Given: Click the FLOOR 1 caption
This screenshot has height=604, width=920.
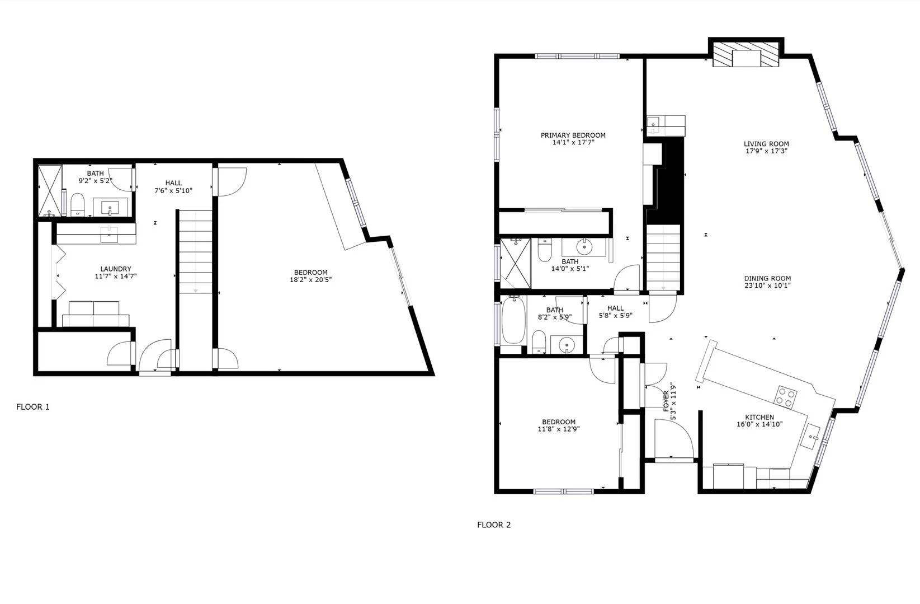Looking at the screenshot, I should coord(33,407).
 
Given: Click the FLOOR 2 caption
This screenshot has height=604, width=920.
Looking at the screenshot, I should coord(494,525).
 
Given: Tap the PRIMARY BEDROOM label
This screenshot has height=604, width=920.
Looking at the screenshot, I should coord(573,135).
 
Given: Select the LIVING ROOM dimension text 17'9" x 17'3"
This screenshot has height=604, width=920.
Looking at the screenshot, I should coord(766,151).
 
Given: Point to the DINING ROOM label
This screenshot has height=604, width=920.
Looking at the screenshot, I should coord(767,279).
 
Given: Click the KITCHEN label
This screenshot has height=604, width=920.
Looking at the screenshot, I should coord(759,417).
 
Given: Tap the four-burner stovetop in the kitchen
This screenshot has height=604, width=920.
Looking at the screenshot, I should coord(785,396).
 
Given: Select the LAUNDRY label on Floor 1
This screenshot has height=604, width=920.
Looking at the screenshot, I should coord(116,269).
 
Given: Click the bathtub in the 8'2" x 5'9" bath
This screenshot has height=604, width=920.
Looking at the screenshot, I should coord(513,321).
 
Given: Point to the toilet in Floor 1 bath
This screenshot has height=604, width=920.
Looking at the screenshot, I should coord(77,203).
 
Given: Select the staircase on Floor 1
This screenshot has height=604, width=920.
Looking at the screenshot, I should coord(196,252).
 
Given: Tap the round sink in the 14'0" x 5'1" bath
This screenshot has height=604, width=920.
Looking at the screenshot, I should coord(584,246).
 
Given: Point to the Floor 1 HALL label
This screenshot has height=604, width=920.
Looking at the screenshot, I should coord(173,183).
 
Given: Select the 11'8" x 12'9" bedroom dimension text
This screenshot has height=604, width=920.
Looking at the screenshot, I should coord(558,429).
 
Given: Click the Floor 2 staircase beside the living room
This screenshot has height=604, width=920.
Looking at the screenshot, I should coord(664,257).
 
